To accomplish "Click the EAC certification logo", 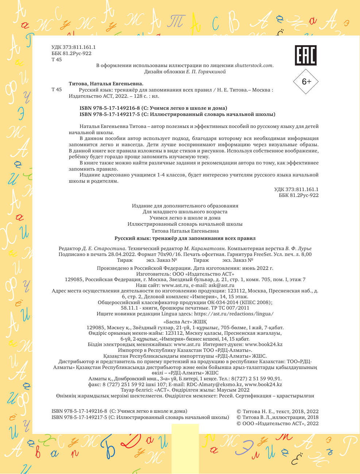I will coord(305,55).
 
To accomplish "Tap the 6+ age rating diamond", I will coord(306,82).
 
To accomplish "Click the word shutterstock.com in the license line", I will coord(254,66).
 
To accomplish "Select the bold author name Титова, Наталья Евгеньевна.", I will coord(106,83).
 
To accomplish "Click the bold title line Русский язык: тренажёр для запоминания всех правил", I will coord(185,238).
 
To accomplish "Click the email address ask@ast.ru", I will coord(220,285).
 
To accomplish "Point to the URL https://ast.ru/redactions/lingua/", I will coord(234,314).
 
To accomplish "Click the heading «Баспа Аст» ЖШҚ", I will coord(185,322).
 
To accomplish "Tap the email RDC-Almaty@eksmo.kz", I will coord(214,384).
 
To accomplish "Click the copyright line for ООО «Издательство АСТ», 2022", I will coord(278,423).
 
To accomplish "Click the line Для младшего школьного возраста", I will coord(185,211).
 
